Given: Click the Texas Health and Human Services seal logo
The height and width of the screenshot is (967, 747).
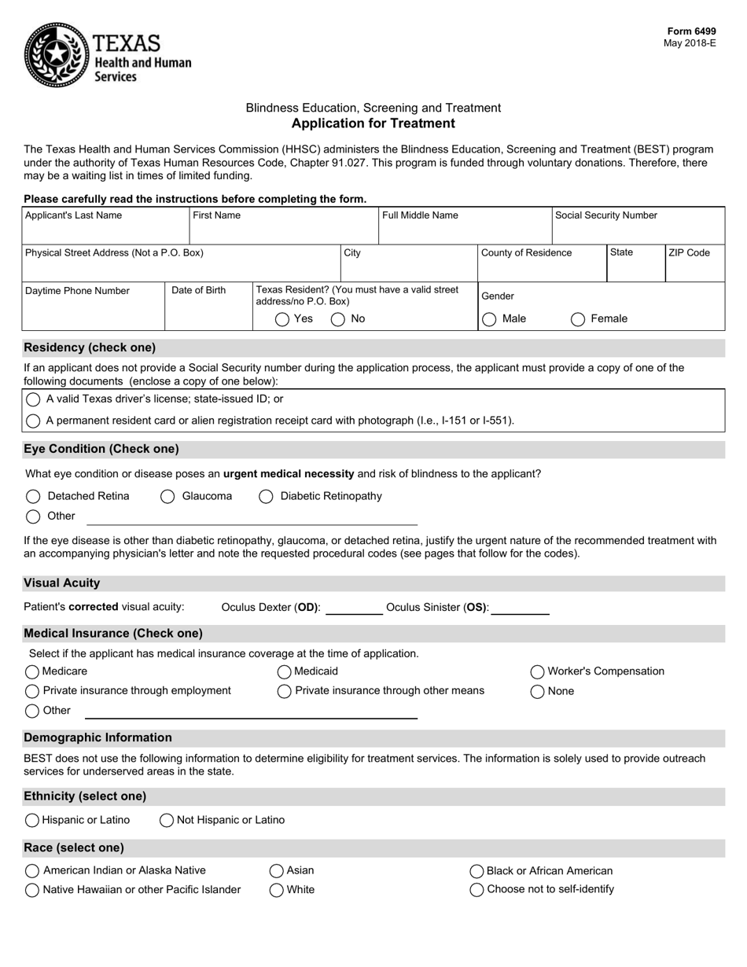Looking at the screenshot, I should [x=55, y=54].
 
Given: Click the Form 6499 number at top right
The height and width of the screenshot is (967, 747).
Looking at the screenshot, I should [x=693, y=31].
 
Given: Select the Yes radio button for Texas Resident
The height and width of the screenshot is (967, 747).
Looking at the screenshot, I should [x=282, y=319].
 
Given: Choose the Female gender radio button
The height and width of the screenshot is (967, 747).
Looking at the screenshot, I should [x=578, y=319].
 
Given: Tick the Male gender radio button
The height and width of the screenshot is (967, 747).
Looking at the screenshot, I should [x=489, y=319].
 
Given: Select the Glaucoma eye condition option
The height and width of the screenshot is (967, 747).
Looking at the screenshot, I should [x=167, y=496].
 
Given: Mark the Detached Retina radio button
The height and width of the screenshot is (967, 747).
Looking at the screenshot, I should [x=33, y=496].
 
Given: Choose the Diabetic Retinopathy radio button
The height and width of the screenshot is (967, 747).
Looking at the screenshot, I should [x=266, y=496].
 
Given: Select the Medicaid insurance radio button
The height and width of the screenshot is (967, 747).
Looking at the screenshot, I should [x=285, y=671].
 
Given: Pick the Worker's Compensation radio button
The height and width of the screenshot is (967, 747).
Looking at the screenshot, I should [x=538, y=671].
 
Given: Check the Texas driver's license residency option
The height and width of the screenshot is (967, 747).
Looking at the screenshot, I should [x=33, y=399].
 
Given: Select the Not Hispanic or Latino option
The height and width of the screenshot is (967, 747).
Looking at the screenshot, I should [x=167, y=820].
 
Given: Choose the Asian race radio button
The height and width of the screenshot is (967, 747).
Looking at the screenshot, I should [x=277, y=870].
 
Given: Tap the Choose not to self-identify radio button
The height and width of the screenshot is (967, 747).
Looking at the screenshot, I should [x=477, y=890].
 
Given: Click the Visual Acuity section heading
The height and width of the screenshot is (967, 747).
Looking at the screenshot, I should [x=62, y=583].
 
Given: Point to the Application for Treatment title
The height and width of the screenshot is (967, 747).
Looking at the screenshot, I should [x=373, y=123].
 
